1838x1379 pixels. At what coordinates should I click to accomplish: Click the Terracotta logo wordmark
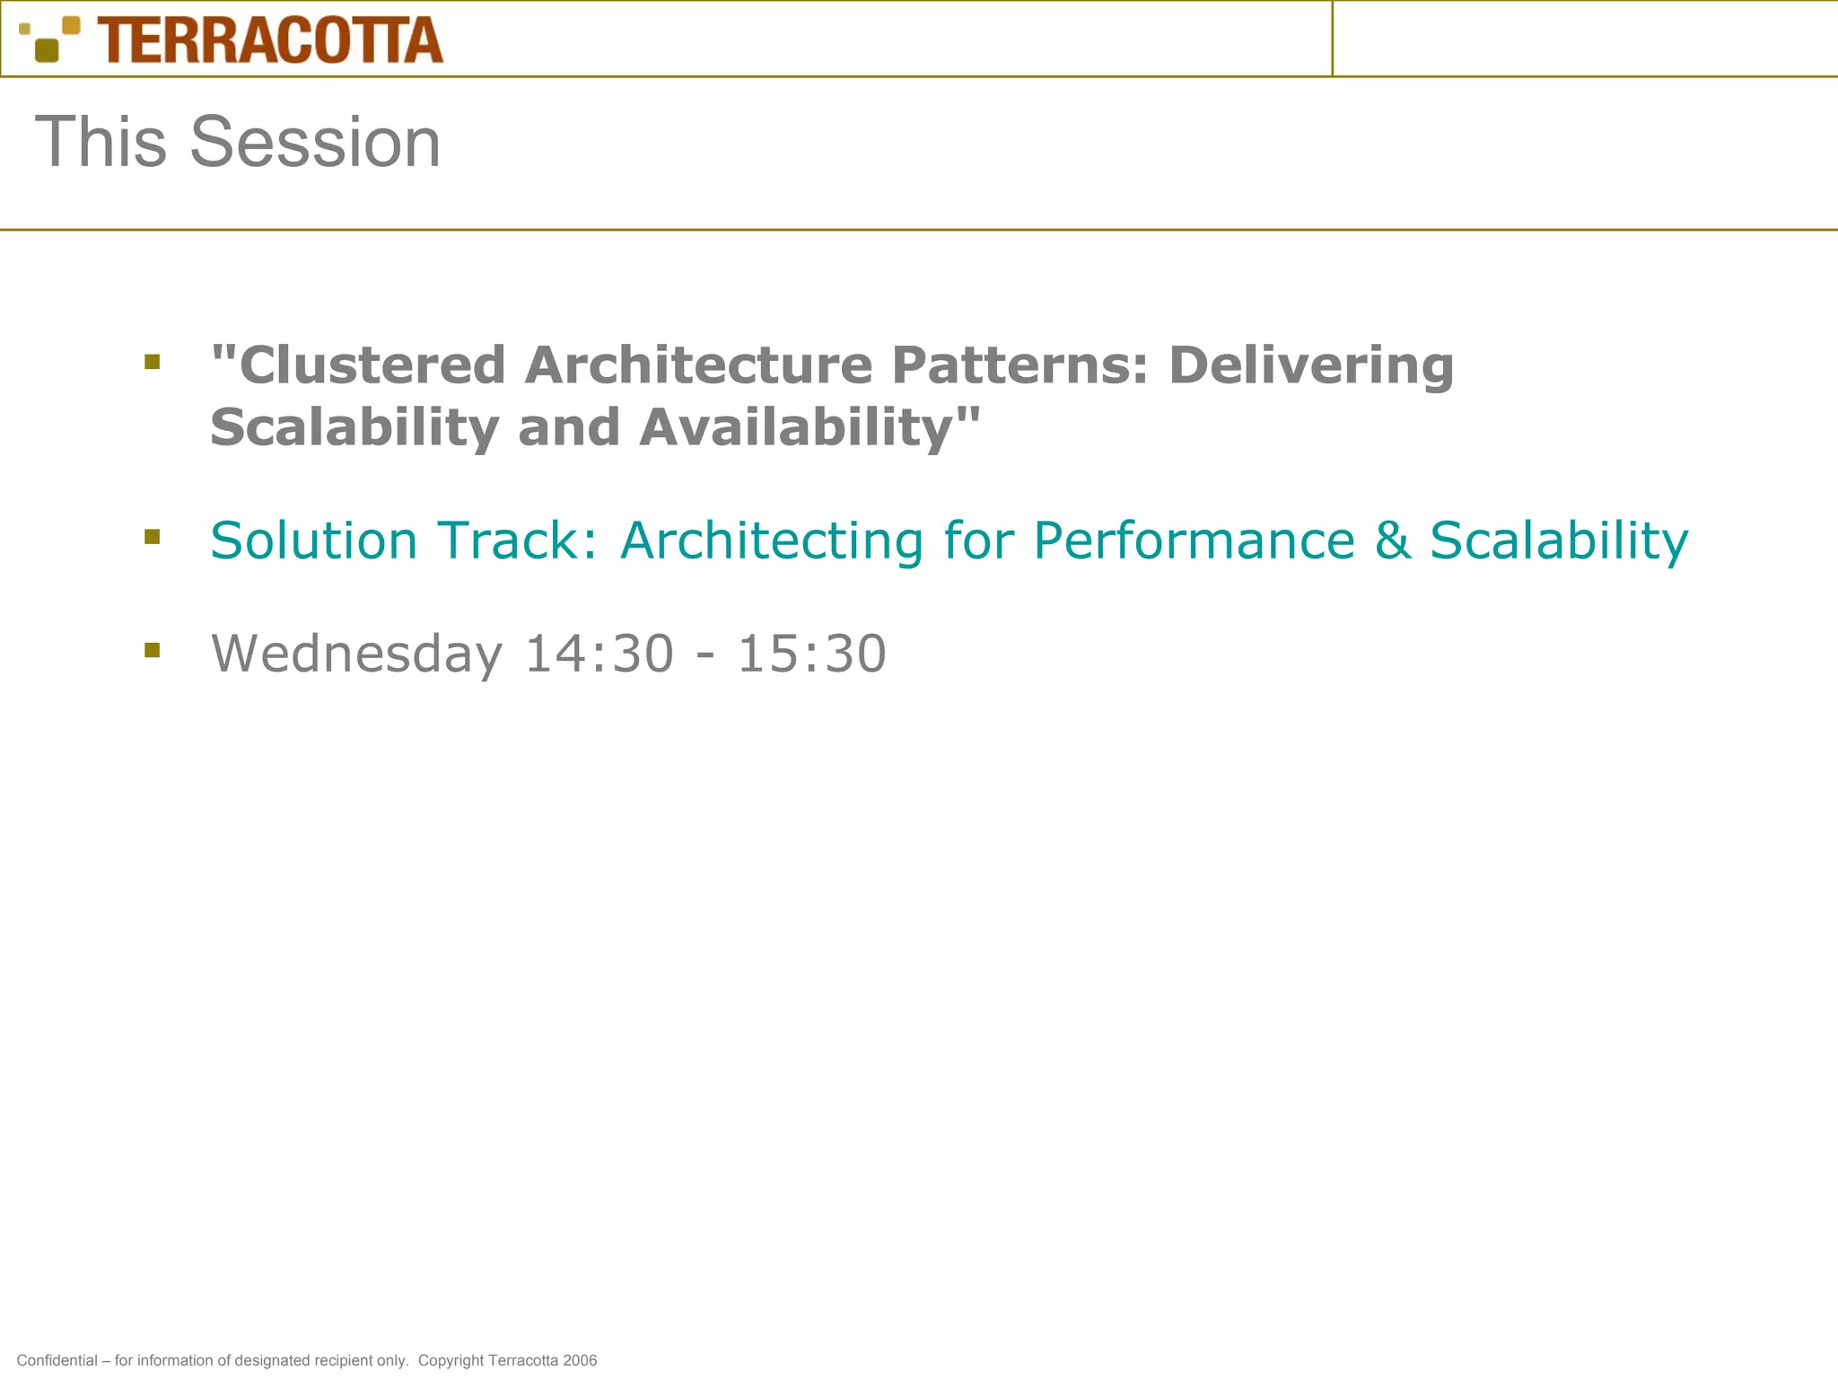pyautogui.click(x=270, y=40)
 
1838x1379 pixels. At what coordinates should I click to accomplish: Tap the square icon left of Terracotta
pyautogui.click(x=49, y=40)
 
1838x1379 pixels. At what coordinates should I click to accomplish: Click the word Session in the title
pyautogui.click(x=315, y=142)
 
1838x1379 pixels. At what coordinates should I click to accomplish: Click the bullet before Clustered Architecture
pyautogui.click(x=152, y=362)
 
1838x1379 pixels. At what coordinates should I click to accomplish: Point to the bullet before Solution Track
pyautogui.click(x=152, y=537)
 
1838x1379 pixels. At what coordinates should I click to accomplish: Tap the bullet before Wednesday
pyautogui.click(x=152, y=650)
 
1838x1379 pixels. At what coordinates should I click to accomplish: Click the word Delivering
pyautogui.click(x=1310, y=365)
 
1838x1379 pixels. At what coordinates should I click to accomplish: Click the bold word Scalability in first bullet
pyautogui.click(x=354, y=428)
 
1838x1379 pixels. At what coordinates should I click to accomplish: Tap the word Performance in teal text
pyautogui.click(x=1194, y=540)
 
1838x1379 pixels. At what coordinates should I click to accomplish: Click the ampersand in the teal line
pyautogui.click(x=1392, y=540)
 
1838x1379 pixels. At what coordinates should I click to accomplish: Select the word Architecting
pyautogui.click(x=772, y=542)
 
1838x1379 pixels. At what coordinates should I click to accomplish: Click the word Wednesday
pyautogui.click(x=356, y=654)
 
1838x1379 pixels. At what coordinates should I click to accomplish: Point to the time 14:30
pyautogui.click(x=599, y=654)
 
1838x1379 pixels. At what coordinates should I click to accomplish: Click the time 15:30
pyautogui.click(x=811, y=654)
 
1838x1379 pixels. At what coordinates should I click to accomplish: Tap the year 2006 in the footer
pyautogui.click(x=580, y=1360)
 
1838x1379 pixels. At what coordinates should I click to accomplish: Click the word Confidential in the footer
pyautogui.click(x=57, y=1360)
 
